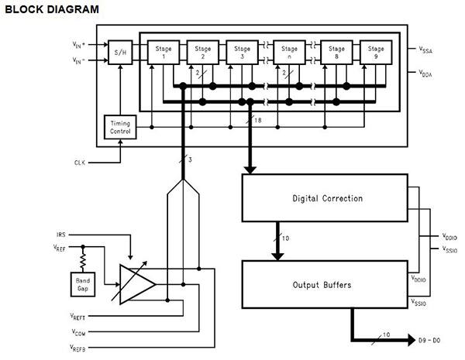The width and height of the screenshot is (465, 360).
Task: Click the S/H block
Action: coord(119,53)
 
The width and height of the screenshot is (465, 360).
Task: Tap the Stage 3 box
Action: coord(245,53)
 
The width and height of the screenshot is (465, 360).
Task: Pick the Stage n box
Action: coord(290,53)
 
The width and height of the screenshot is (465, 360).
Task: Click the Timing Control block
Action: coord(119,128)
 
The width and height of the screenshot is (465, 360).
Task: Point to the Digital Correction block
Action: coord(326,199)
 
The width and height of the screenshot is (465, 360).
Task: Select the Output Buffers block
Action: coord(326,284)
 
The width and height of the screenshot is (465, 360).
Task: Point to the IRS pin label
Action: coord(61,234)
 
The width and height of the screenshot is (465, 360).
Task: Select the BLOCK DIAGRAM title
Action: coord(52,9)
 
